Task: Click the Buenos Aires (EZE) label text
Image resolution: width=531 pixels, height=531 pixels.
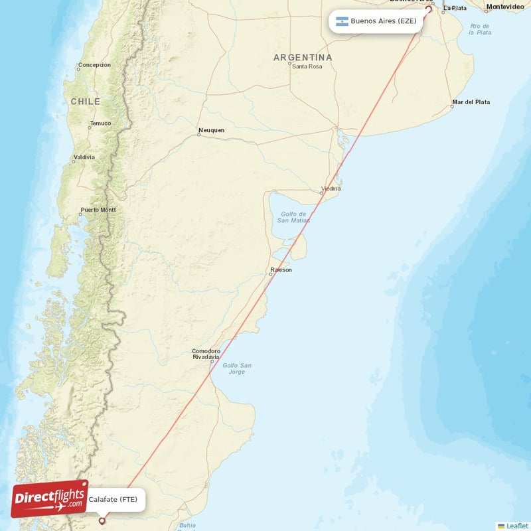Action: pyautogui.click(x=384, y=21)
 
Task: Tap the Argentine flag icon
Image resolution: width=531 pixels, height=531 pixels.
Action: pyautogui.click(x=342, y=21)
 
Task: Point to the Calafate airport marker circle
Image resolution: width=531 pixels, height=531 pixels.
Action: pyautogui.click(x=102, y=521)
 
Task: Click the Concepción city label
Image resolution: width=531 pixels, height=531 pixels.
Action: pyautogui.click(x=94, y=65)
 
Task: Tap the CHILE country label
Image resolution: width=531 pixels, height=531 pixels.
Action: pyautogui.click(x=86, y=102)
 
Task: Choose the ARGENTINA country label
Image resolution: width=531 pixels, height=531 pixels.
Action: pyautogui.click(x=303, y=58)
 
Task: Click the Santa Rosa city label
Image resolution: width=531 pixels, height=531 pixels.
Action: pyautogui.click(x=307, y=66)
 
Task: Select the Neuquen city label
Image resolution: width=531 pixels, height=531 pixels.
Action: pyautogui.click(x=212, y=130)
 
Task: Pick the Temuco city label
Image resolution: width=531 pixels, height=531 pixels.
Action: pyautogui.click(x=101, y=123)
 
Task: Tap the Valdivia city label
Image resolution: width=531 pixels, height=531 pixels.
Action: pyautogui.click(x=84, y=157)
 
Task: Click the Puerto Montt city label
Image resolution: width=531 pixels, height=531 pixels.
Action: pyautogui.click(x=98, y=210)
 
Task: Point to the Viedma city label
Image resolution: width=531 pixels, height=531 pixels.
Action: pyautogui.click(x=331, y=189)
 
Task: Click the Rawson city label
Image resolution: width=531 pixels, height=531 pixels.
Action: pyautogui.click(x=281, y=270)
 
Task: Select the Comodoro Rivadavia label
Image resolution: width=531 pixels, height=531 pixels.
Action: pyautogui.click(x=206, y=354)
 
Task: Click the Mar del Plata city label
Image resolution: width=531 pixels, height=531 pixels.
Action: pyautogui.click(x=471, y=102)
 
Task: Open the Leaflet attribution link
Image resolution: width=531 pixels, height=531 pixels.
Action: pyautogui.click(x=517, y=526)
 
